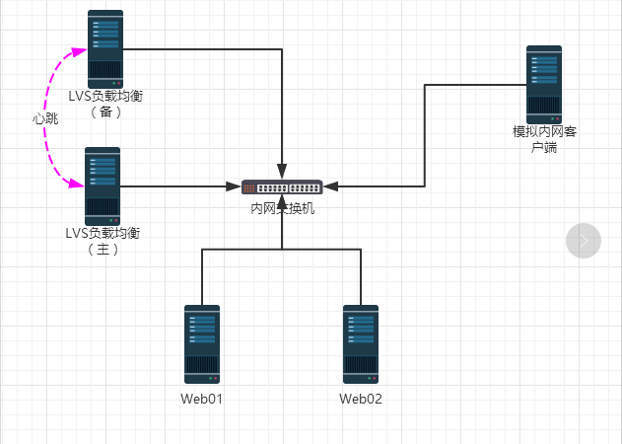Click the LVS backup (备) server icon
coord(105,49)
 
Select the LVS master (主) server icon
coord(103,186)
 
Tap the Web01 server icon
coord(202,343)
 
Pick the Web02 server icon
coord(361,343)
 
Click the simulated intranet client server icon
coord(543,84)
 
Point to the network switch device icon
coord(282,186)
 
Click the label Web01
coord(201,400)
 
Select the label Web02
coord(361,400)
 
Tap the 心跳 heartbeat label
coord(45,118)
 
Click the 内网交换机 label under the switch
coord(282,208)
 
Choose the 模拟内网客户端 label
coord(543,139)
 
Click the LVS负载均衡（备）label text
coord(104,104)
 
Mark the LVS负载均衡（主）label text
coord(103,241)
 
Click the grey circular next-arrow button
coord(584,240)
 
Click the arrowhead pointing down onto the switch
coord(283,171)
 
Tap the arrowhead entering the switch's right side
coord(331,186)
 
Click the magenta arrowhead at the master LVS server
coord(75,183)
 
